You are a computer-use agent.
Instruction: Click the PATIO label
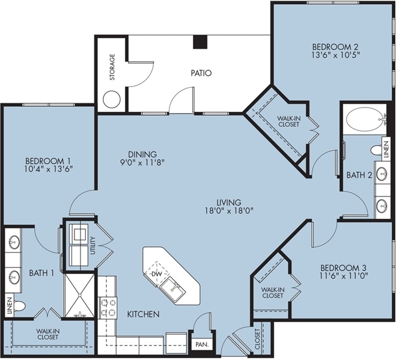click(201, 73)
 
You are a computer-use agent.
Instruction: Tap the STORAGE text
click(112, 67)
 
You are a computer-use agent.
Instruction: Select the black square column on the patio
click(200, 41)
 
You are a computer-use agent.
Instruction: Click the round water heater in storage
click(112, 99)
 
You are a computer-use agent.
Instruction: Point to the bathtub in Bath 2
click(366, 120)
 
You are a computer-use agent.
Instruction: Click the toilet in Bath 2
click(377, 151)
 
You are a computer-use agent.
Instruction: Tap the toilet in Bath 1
click(19, 306)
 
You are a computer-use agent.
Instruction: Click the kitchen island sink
click(172, 288)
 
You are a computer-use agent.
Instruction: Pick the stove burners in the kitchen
click(108, 308)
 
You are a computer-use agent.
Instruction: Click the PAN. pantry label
click(203, 344)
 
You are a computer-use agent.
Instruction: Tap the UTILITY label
click(93, 245)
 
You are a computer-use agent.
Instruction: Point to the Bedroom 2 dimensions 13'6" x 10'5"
click(336, 55)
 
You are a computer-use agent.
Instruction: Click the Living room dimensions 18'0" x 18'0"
click(229, 211)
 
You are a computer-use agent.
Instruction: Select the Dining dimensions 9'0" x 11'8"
click(142, 162)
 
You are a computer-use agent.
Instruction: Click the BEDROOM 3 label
click(344, 267)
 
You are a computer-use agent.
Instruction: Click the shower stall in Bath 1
click(79, 295)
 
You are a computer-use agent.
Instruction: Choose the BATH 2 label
click(359, 175)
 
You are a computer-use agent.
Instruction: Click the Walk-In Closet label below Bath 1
click(47, 334)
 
